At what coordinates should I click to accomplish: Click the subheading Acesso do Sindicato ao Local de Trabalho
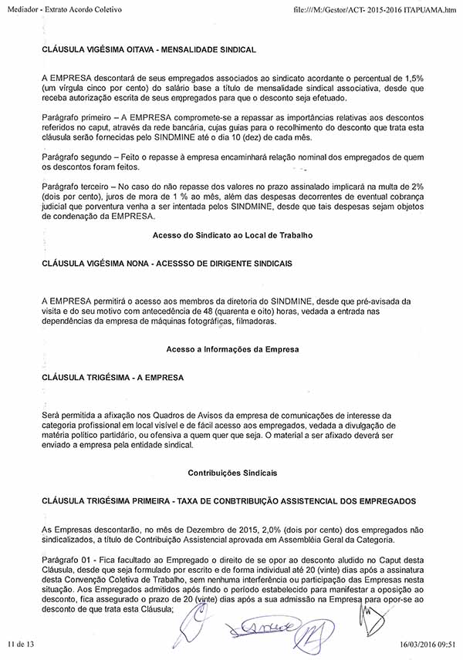point(232,234)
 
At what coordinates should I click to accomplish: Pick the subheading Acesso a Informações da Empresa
point(232,349)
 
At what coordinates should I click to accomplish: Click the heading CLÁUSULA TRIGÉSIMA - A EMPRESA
point(112,379)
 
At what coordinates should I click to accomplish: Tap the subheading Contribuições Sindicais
point(232,471)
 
